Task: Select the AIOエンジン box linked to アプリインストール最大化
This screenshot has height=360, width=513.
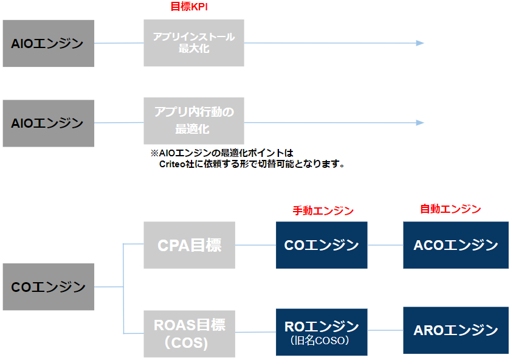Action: tap(49, 43)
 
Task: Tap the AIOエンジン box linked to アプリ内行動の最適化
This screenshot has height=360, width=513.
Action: tap(49, 123)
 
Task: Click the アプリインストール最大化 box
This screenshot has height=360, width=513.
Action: tap(194, 43)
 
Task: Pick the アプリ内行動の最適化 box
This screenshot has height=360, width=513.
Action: tap(194, 120)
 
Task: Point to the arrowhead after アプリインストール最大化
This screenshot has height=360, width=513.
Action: tap(420, 43)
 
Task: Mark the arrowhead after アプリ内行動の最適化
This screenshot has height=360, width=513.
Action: tap(420, 123)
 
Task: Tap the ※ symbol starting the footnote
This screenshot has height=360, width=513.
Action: tap(154, 153)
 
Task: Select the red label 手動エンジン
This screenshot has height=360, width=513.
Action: tap(323, 210)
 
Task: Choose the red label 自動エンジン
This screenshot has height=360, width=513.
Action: tap(450, 209)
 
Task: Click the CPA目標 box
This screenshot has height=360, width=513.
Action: tap(189, 245)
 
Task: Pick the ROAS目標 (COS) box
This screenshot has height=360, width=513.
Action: tap(189, 333)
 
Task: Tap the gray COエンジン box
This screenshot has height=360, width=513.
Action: tap(49, 286)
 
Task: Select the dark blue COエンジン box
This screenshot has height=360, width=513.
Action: tap(322, 245)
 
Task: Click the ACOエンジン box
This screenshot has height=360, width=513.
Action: tap(455, 245)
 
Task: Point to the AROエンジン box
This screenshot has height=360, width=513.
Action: tap(455, 331)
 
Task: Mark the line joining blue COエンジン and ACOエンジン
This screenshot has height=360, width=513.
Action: tap(385, 245)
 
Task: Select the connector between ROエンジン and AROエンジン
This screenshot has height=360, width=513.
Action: tap(385, 331)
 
